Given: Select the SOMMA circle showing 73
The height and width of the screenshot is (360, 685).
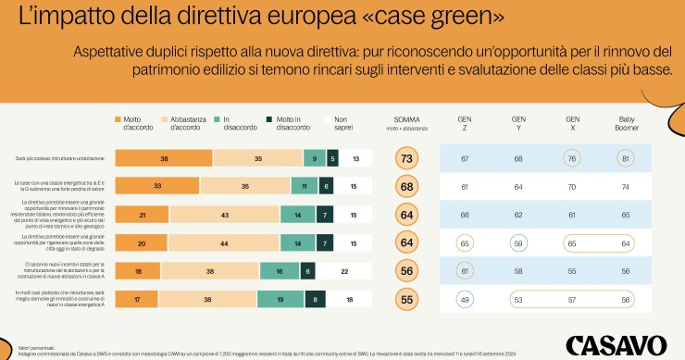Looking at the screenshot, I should click(404, 159).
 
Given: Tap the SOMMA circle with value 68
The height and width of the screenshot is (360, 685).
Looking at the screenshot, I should click(404, 186).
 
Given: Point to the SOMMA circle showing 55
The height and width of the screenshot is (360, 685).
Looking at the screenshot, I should click(404, 299).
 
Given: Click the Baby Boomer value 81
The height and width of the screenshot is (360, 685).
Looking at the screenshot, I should click(626, 159).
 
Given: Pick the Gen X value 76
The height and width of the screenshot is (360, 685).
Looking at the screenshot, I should click(573, 159).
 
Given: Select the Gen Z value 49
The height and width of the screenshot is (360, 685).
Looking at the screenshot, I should click(466, 299).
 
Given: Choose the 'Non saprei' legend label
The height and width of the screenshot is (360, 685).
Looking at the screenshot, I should click(342, 122).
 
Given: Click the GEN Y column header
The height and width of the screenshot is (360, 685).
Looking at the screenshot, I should click(519, 122).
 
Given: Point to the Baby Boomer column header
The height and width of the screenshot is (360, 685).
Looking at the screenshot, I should click(626, 122).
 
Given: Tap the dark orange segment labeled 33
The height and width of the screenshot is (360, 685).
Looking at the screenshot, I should click(157, 186).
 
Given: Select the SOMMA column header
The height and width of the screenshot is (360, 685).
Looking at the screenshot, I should click(404, 120).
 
